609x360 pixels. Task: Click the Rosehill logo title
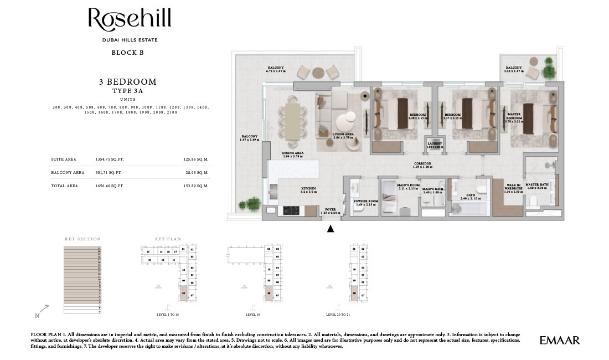(130, 20)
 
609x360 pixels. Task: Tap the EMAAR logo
(560, 341)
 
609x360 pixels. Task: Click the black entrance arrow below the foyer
(331, 228)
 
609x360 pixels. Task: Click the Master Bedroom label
(515, 116)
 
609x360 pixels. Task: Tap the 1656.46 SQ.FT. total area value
(110, 186)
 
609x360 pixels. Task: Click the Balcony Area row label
(68, 172)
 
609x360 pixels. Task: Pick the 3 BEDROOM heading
(128, 82)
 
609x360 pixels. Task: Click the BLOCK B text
(128, 53)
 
